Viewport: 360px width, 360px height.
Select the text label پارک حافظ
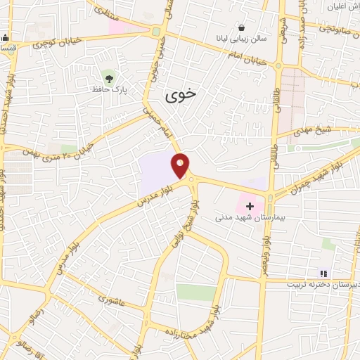(x=108, y=89)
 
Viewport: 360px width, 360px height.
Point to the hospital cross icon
(x=250, y=207)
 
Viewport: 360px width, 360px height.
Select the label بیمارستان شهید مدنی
(x=250, y=219)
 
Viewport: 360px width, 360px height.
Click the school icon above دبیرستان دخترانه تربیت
(x=323, y=274)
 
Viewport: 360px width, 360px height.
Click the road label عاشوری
(x=109, y=302)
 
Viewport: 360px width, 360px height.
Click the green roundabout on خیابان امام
(x=156, y=32)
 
